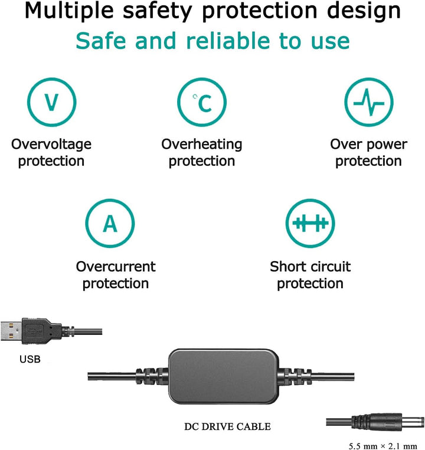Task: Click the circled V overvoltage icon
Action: (51, 103)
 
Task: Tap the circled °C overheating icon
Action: (202, 103)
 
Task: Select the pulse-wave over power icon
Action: (368, 103)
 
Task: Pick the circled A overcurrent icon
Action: (110, 224)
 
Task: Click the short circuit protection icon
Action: (310, 224)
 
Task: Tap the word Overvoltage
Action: (51, 144)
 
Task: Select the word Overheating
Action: (202, 144)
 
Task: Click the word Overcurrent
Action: (116, 267)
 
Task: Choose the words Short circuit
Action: (310, 267)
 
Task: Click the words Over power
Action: (368, 144)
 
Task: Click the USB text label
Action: (30, 358)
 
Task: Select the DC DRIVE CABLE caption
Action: (227, 426)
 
